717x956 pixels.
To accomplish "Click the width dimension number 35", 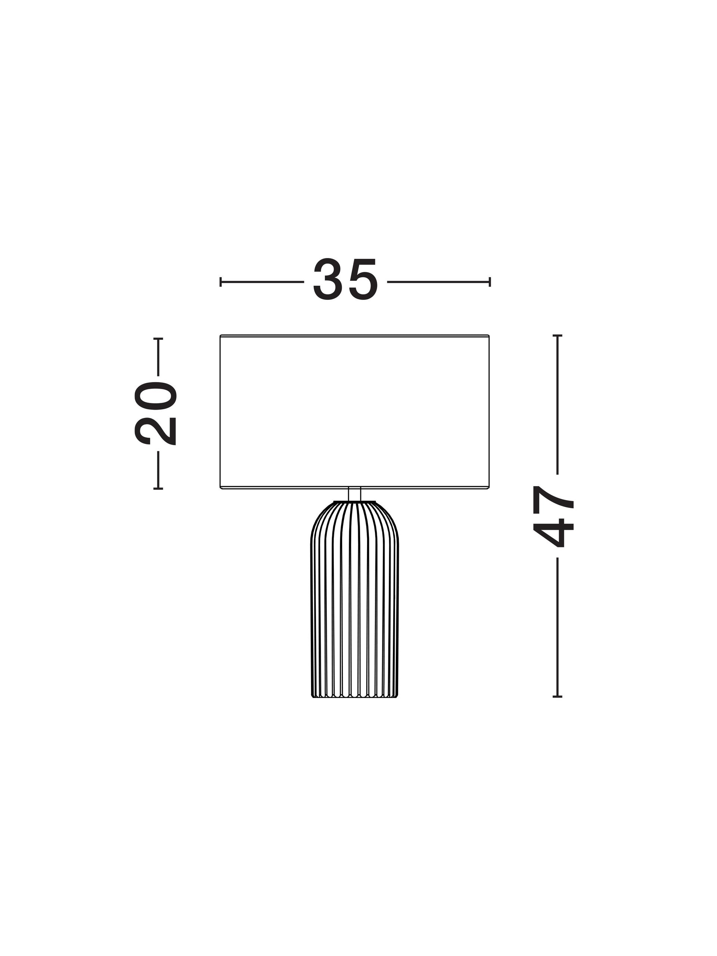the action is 345,280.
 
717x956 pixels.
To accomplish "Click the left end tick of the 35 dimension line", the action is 220,282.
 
